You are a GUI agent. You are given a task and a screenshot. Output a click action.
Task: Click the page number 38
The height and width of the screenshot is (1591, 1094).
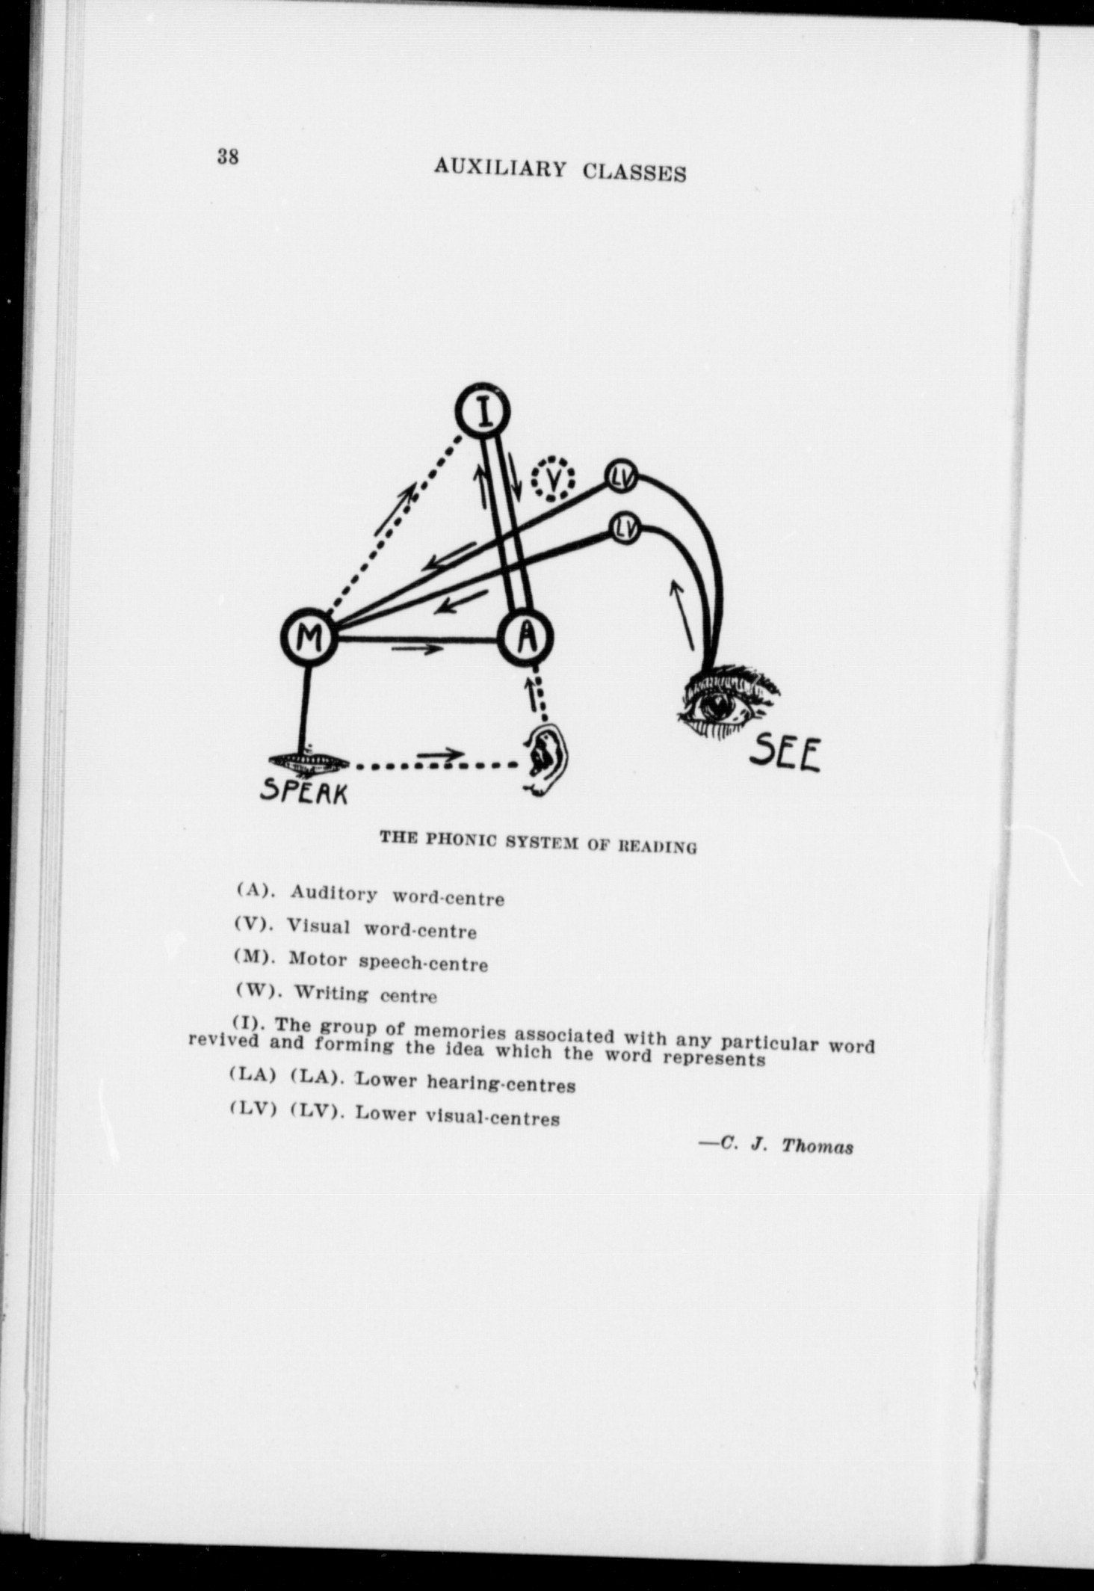[228, 157]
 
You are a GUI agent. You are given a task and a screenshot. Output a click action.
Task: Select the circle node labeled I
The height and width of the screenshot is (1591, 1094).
[484, 410]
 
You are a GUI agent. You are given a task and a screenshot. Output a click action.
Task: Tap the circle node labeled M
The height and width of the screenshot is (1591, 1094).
[309, 638]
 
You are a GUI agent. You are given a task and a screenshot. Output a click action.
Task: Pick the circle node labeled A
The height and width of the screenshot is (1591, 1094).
[527, 637]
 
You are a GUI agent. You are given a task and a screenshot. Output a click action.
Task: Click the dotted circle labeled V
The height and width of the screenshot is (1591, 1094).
[553, 479]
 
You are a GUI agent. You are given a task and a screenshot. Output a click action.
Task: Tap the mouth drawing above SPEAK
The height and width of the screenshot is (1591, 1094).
[309, 762]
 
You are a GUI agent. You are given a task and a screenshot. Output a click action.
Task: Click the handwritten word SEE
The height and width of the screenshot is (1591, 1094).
[785, 754]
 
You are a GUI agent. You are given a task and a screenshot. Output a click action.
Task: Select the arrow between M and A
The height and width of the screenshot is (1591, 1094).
[418, 649]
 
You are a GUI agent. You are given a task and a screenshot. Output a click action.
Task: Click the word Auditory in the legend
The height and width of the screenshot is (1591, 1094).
[334, 893]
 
